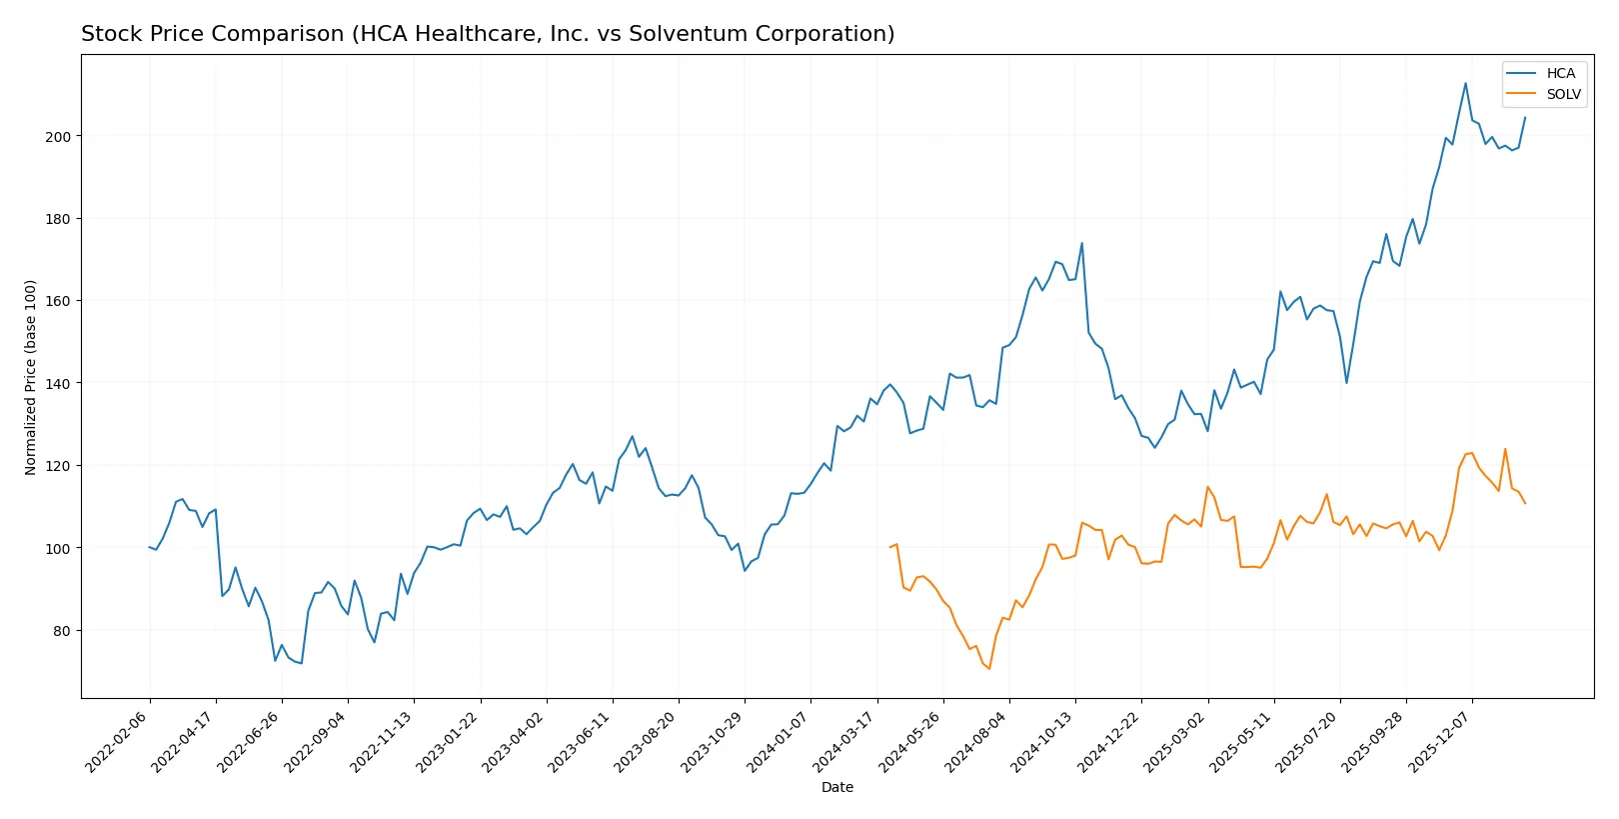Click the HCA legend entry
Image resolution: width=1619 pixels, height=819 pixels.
coord(1559,73)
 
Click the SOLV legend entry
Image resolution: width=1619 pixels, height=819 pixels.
coord(1563,94)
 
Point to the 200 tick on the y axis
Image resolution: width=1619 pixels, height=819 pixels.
coord(58,136)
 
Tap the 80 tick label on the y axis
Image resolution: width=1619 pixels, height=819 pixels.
coord(61,631)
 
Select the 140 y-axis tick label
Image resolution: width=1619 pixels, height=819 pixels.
coord(58,384)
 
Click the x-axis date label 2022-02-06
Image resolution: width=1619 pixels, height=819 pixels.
coord(118,742)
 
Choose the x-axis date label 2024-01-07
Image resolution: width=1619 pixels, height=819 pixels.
coord(779,742)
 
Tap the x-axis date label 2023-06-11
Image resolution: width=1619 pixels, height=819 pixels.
coord(581,742)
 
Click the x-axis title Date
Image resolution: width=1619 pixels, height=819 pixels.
coord(836,787)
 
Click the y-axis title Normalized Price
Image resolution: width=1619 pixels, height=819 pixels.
coord(31,377)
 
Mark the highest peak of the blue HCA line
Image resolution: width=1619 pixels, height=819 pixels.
coord(1465,83)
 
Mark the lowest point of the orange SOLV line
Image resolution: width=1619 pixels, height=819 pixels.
coord(989,669)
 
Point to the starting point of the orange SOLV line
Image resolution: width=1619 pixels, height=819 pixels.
coord(889,547)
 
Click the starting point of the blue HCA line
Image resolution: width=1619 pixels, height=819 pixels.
coord(149,547)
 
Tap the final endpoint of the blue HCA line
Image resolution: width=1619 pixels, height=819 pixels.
coord(1525,118)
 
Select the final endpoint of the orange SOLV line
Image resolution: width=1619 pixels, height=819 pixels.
coord(1525,503)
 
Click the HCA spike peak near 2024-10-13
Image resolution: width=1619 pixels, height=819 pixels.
coord(1081,243)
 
